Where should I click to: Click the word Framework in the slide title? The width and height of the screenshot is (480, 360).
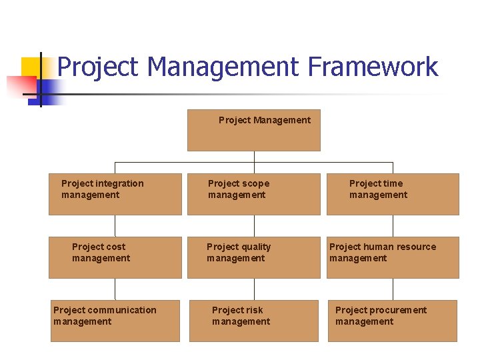click(x=373, y=67)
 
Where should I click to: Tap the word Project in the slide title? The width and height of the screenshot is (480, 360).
click(x=99, y=67)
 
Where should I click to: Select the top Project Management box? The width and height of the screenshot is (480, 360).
click(x=253, y=130)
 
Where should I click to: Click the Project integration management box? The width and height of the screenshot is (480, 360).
click(x=115, y=194)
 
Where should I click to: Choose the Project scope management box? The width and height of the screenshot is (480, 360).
click(x=253, y=194)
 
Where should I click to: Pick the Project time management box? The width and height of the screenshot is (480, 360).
click(x=393, y=194)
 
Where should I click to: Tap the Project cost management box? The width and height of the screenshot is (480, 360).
click(x=115, y=257)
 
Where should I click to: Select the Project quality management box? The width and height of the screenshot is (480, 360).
click(x=253, y=257)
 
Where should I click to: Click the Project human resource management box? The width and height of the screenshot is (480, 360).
click(x=393, y=257)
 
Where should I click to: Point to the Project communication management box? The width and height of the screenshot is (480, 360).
click(x=115, y=321)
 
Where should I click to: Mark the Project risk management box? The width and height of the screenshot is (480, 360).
click(x=253, y=321)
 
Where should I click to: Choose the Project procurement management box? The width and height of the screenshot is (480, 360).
click(x=393, y=321)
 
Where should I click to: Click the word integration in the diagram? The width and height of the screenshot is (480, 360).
click(x=120, y=183)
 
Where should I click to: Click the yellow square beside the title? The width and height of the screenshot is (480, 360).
click(x=31, y=67)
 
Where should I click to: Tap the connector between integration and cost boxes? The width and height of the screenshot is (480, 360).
click(x=115, y=225)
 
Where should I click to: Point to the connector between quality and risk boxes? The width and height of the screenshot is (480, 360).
click(x=253, y=289)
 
